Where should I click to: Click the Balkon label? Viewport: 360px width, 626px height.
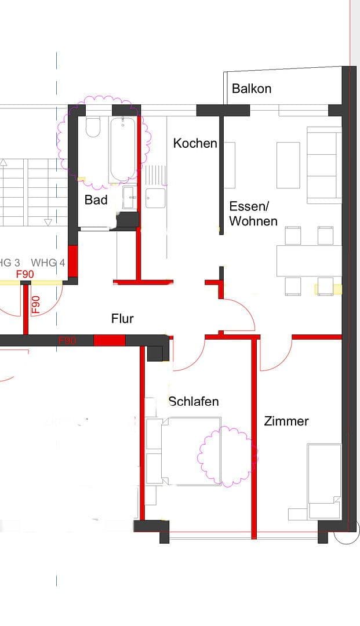coord(252,89)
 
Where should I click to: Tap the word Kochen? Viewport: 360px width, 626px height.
coord(195,143)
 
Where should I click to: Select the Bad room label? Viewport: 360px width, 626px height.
coord(96,200)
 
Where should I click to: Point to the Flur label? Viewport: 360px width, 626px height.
coord(122,318)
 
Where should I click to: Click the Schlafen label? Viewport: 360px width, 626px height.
coord(194,401)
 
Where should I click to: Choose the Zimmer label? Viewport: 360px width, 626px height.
coord(286,421)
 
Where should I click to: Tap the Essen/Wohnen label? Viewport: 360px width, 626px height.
coord(253,214)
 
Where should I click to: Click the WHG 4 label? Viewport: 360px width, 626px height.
coord(48,263)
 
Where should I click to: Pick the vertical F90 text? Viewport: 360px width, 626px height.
coord(36,304)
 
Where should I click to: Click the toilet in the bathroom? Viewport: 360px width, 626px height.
coord(93,128)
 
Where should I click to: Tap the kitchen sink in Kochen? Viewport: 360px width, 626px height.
coord(155,197)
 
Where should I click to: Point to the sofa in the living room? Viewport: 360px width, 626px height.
coord(323,165)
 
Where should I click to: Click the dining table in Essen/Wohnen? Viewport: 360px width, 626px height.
coord(308,261)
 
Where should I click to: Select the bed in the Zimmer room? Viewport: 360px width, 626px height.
coord(323,481)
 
